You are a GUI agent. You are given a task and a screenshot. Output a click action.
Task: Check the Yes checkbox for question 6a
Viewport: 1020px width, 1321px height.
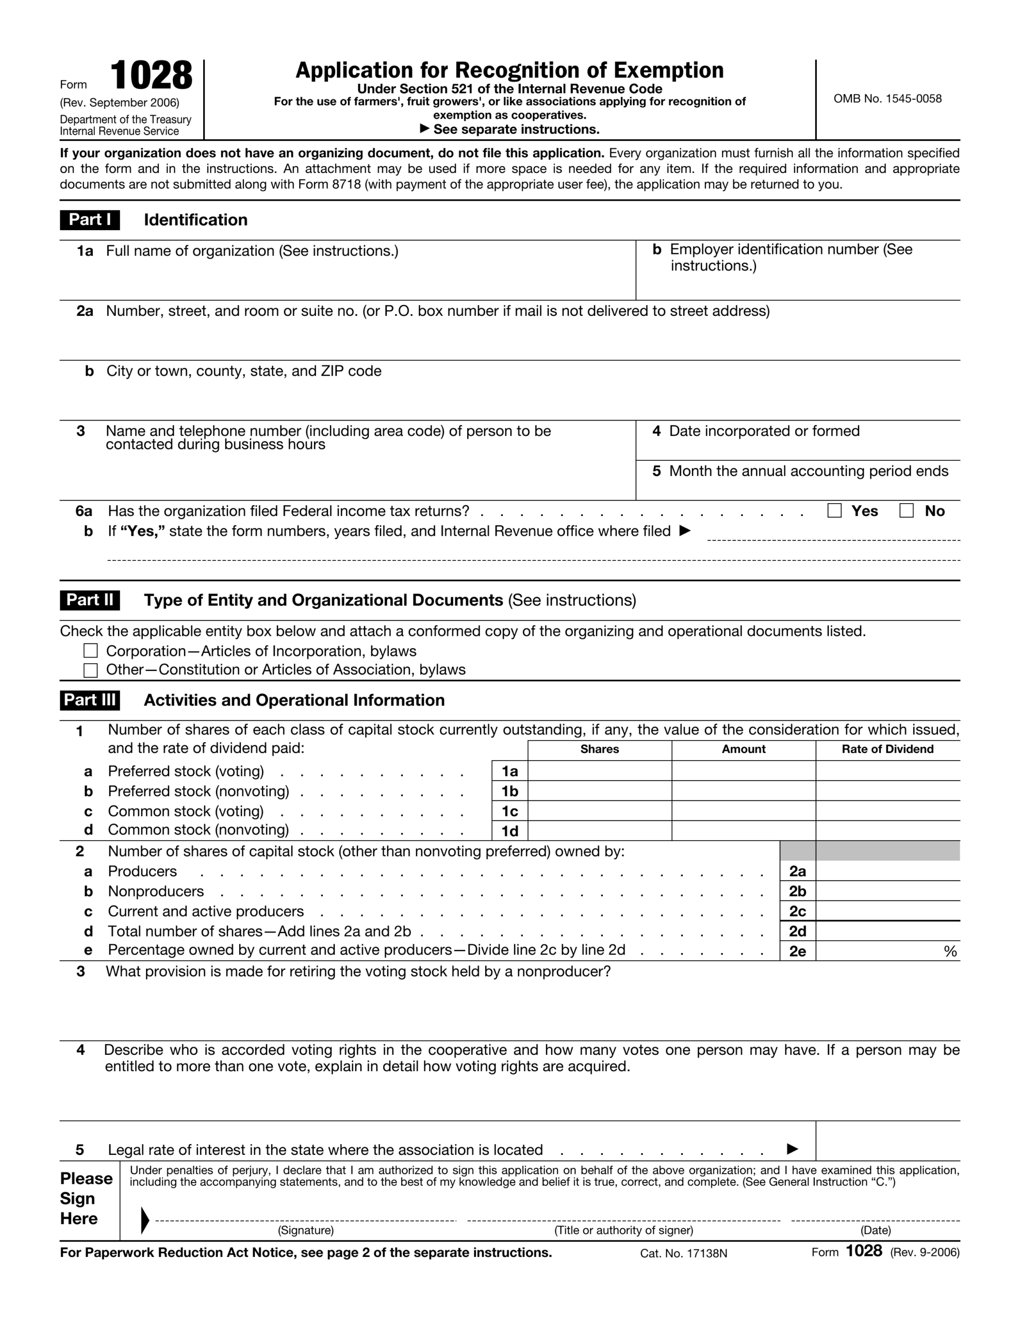[834, 510]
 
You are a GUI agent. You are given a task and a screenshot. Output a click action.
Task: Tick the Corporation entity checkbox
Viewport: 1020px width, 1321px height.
[91, 651]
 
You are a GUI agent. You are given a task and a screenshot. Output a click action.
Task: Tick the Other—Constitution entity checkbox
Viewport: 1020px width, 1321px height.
[91, 670]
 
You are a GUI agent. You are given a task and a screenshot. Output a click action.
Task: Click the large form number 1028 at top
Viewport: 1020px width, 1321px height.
[151, 76]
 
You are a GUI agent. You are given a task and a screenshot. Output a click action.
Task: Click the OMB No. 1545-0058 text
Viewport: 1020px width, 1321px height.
[887, 99]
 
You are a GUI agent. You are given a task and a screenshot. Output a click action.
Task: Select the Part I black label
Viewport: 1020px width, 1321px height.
[90, 219]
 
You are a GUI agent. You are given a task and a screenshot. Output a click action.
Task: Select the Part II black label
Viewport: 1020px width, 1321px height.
[90, 600]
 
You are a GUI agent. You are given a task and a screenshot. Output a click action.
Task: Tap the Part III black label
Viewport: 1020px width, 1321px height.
[90, 700]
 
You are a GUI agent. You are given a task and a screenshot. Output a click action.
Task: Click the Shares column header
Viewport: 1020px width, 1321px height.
[599, 749]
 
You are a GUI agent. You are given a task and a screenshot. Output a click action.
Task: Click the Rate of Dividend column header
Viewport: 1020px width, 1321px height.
[887, 749]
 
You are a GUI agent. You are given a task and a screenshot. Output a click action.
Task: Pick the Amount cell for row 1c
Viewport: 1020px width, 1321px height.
[743, 811]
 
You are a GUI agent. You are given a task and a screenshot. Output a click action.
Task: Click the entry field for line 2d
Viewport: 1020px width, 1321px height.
[887, 931]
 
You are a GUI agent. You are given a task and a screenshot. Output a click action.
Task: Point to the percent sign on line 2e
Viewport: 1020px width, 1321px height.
[950, 952]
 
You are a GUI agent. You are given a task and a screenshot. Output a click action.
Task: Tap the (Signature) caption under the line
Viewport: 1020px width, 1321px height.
[305, 1230]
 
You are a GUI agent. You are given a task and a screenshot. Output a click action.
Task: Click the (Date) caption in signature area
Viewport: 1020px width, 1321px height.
[875, 1230]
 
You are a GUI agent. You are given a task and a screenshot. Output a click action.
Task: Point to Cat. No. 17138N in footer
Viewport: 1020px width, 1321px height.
[683, 1253]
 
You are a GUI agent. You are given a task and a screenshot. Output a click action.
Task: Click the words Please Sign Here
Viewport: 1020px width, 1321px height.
[86, 1198]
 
